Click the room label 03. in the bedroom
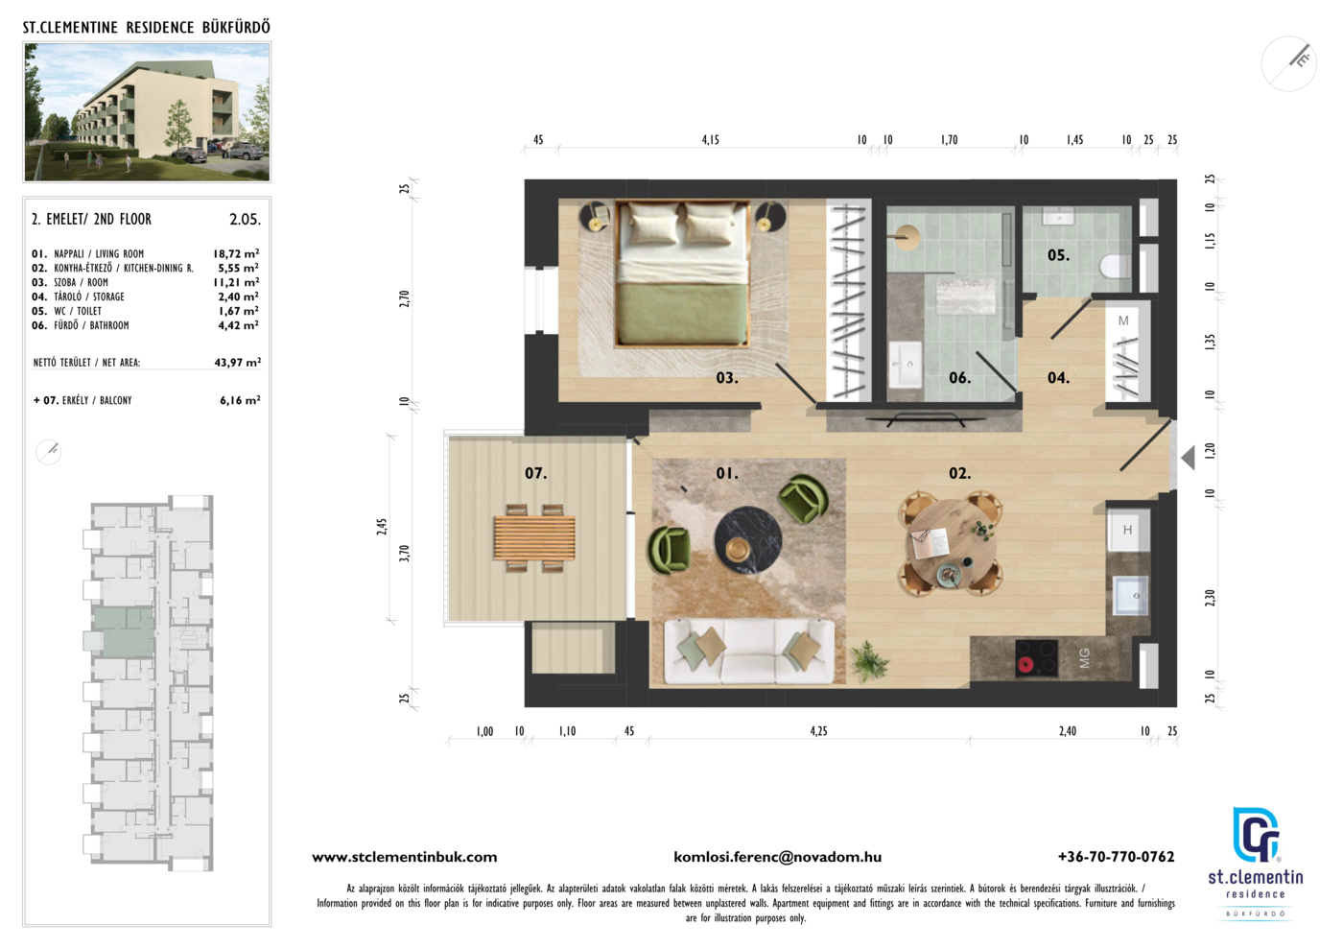[727, 378]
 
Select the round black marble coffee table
[747, 541]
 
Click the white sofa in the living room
[749, 652]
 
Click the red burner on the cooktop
[1025, 664]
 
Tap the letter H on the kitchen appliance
[1127, 530]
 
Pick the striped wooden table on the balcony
[534, 538]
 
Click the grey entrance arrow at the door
[1188, 459]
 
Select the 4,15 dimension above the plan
[711, 140]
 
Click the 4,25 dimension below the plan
[818, 730]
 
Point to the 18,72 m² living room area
[236, 253]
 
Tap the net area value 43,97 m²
[238, 363]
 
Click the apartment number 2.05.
[246, 219]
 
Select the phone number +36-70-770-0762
[1116, 857]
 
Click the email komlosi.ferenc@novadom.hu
[778, 857]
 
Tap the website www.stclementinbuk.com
[405, 857]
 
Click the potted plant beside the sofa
[867, 661]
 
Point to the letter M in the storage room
[1123, 320]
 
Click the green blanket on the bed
[683, 313]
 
